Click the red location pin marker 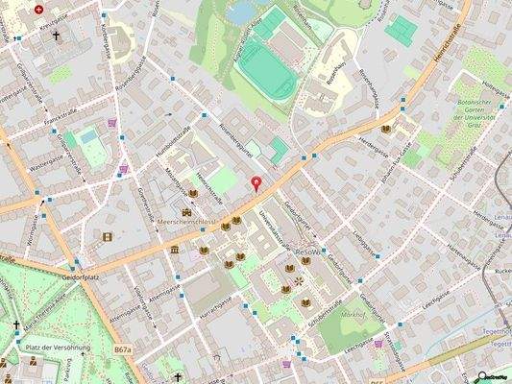tap(256, 183)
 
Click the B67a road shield tap(122, 351)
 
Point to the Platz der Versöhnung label tap(58, 347)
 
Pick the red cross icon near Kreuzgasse tap(38, 9)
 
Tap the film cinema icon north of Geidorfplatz tap(107, 236)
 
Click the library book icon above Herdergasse tap(385, 129)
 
